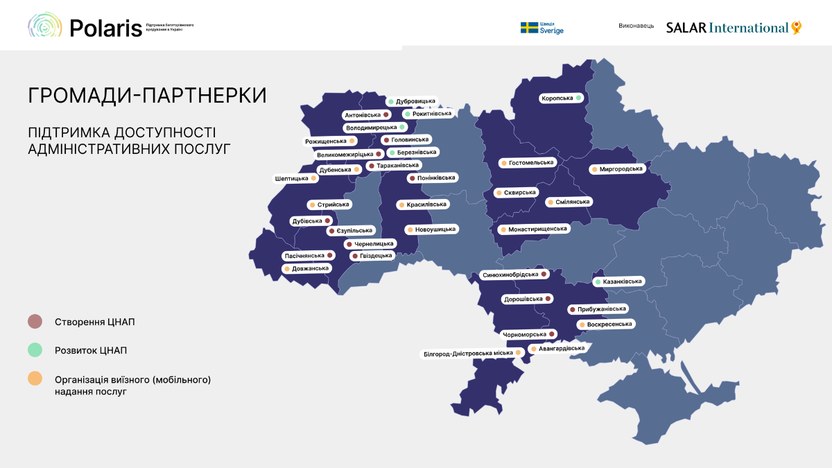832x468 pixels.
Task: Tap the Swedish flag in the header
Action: click(530, 28)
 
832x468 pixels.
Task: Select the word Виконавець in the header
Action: click(636, 26)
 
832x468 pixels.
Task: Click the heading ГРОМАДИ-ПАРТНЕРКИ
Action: click(147, 95)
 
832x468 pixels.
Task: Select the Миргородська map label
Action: click(617, 169)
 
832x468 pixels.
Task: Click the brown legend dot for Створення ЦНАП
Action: click(35, 322)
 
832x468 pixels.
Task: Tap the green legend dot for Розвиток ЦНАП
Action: click(35, 350)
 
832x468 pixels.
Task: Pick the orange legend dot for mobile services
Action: click(35, 379)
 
